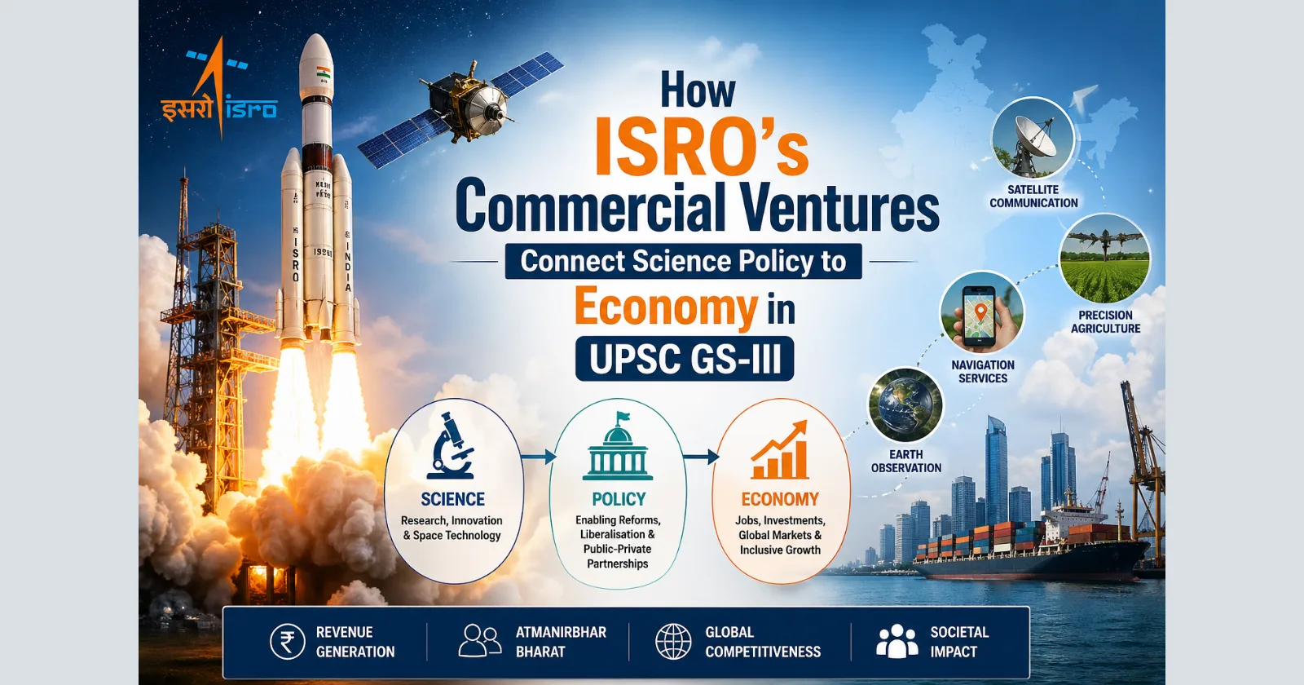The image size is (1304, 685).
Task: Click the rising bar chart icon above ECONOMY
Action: (x=780, y=451)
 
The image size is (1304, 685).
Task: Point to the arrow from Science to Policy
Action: (x=537, y=457)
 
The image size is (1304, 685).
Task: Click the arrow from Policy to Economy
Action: (x=700, y=457)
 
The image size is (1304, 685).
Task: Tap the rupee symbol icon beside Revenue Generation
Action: (x=287, y=642)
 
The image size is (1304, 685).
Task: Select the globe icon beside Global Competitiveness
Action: (x=673, y=642)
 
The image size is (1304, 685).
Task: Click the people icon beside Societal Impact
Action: (x=896, y=641)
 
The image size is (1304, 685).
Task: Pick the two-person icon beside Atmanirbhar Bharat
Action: (x=479, y=641)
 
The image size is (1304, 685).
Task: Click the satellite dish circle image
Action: (x=1033, y=139)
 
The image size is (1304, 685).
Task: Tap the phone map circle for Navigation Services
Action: (x=981, y=314)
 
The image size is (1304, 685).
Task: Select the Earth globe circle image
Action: (x=905, y=405)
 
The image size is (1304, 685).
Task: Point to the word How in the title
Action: (x=698, y=90)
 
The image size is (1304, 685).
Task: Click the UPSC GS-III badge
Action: (x=685, y=359)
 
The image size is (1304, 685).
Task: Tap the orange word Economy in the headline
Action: (x=666, y=307)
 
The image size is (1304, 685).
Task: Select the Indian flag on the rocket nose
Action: (x=324, y=71)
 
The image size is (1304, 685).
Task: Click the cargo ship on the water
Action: (x=1031, y=550)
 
